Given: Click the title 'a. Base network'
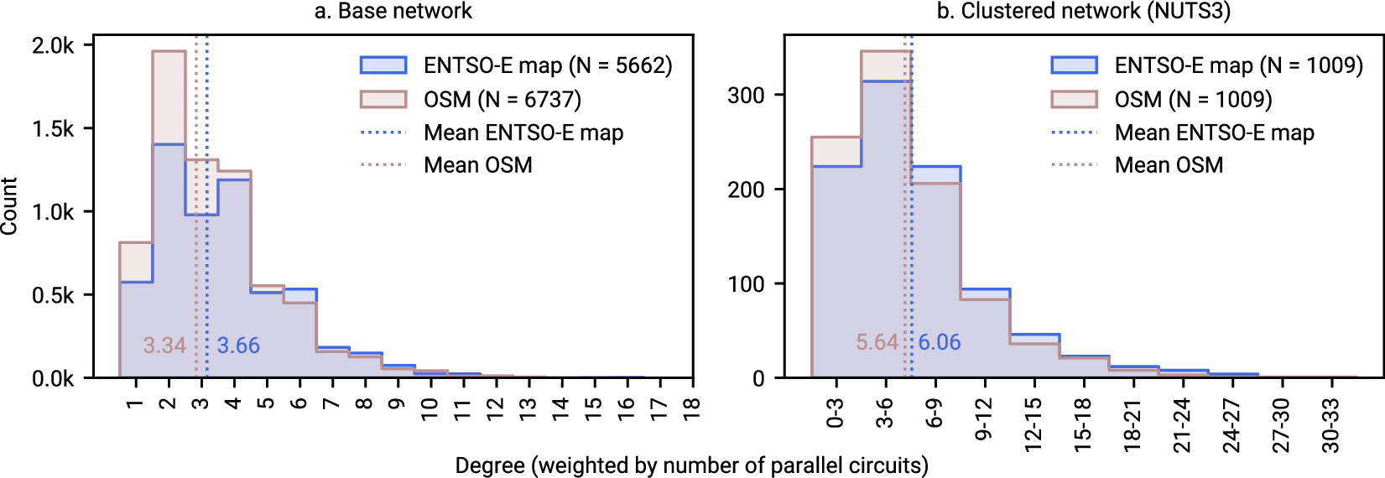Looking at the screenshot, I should pyautogui.click(x=393, y=11).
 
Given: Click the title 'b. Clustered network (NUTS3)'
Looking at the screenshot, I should pyautogui.click(x=1083, y=11).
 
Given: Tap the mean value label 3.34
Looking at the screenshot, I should pyautogui.click(x=164, y=346).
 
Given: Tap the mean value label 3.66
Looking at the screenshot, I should pyautogui.click(x=238, y=346).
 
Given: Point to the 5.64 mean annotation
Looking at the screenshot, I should pyautogui.click(x=877, y=342).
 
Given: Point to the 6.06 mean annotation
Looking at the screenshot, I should pyautogui.click(x=939, y=342).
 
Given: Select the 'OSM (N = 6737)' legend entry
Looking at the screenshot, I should pyautogui.click(x=502, y=100).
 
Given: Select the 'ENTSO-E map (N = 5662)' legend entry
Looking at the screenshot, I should pyautogui.click(x=547, y=65).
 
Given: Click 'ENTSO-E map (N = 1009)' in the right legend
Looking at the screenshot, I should pyautogui.click(x=1238, y=65).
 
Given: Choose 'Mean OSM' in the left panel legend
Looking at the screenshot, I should pyautogui.click(x=477, y=165).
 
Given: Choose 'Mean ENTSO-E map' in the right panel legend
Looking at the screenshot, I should pyautogui.click(x=1214, y=132).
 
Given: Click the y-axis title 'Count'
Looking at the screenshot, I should pyautogui.click(x=9, y=206).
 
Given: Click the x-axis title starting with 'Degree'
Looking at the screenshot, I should pyautogui.click(x=691, y=465).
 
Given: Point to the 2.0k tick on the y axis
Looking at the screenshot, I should pyautogui.click(x=53, y=45).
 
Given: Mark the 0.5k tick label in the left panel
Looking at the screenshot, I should pyautogui.click(x=53, y=295).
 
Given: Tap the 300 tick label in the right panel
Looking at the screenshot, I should pyautogui.click(x=746, y=95).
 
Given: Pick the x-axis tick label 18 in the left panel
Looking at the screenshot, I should pyautogui.click(x=691, y=407).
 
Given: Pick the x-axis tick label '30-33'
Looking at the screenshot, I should pyautogui.click(x=1331, y=425).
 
